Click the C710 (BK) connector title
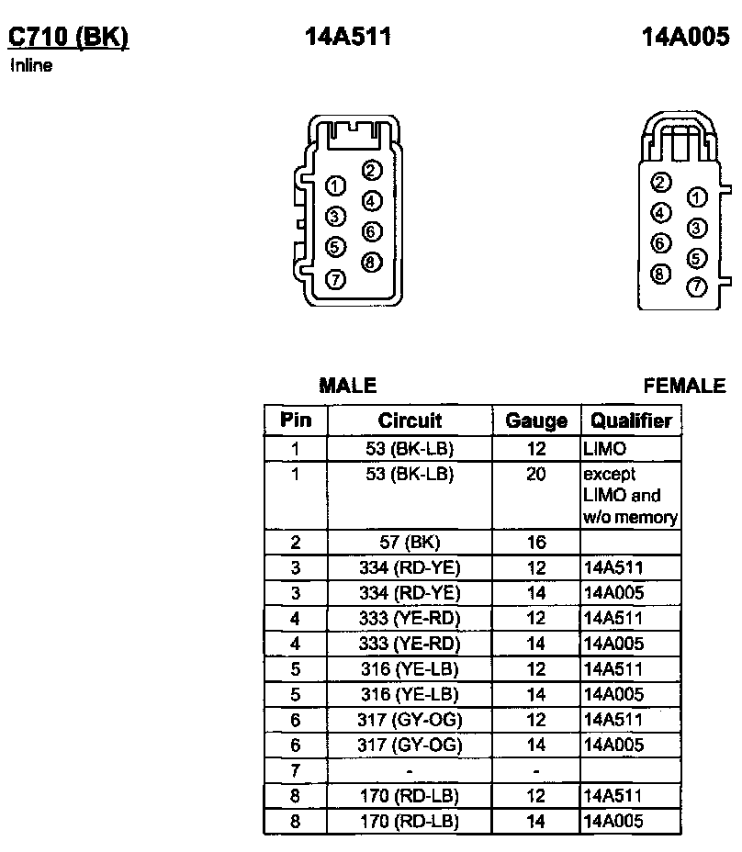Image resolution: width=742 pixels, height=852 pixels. click(x=68, y=37)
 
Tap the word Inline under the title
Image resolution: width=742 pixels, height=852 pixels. click(x=31, y=66)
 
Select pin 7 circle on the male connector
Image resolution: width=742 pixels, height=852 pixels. click(x=335, y=279)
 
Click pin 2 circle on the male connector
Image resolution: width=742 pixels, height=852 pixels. click(x=371, y=170)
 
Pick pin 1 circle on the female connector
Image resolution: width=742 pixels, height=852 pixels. click(x=697, y=197)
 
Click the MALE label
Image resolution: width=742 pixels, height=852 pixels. click(x=347, y=387)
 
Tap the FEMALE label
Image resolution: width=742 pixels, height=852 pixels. click(x=684, y=387)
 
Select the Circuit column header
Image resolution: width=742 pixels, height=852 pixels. click(x=410, y=421)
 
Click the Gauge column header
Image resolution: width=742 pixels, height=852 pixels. click(x=536, y=421)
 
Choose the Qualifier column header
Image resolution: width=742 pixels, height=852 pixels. click(x=631, y=421)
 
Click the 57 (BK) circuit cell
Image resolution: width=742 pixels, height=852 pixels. click(x=410, y=543)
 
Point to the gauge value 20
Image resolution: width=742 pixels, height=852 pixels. click(x=536, y=475)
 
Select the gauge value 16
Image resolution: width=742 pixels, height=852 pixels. click(x=536, y=543)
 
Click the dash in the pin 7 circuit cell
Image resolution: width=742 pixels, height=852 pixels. click(x=410, y=770)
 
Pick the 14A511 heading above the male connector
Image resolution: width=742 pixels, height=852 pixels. click(x=348, y=37)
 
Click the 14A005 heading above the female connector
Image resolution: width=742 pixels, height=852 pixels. click(x=685, y=37)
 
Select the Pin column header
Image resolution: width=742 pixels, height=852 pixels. click(x=296, y=421)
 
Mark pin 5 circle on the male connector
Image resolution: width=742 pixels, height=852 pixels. click(x=335, y=247)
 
